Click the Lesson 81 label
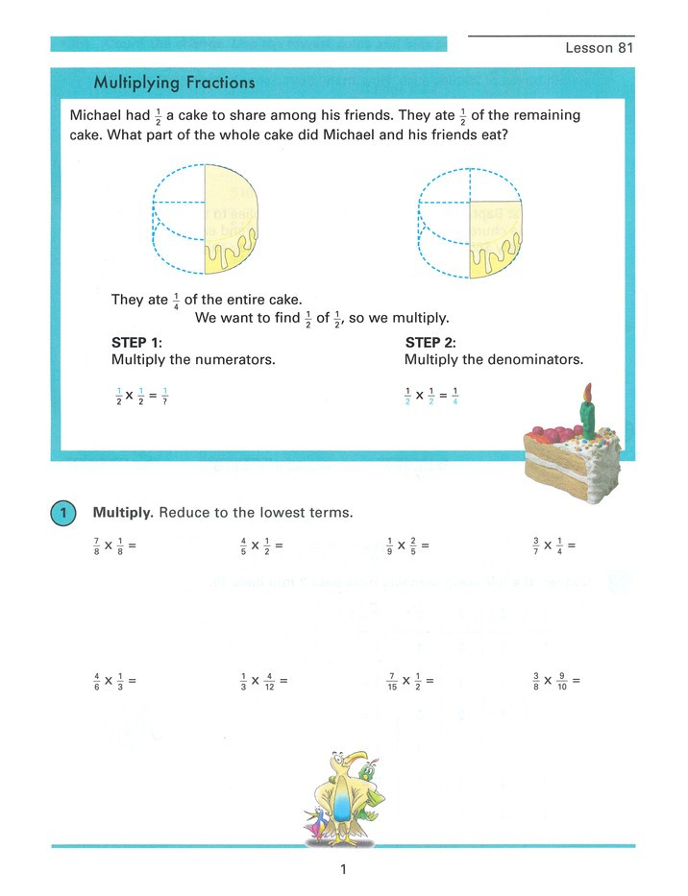coord(599,48)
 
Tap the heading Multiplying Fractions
coord(174,83)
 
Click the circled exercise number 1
coord(61,513)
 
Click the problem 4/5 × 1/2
coord(260,546)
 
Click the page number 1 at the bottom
coord(342,871)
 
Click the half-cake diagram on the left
coord(204,220)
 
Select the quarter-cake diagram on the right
coord(471,220)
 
